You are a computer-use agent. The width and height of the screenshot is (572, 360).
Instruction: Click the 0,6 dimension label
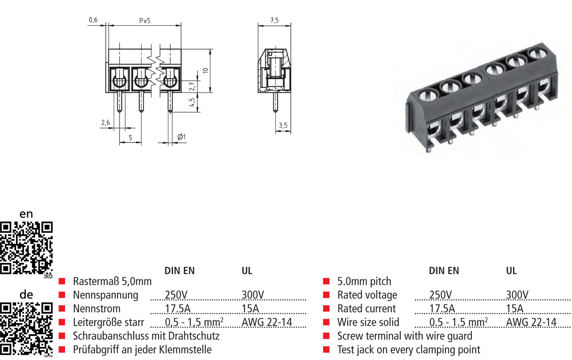(x=93, y=20)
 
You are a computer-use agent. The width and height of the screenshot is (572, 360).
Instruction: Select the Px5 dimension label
(x=145, y=20)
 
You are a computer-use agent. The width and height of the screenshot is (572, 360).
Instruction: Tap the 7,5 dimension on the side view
(x=274, y=20)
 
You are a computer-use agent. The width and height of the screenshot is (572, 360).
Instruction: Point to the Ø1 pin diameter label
(x=181, y=137)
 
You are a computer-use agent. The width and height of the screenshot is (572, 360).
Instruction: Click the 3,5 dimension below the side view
(x=283, y=126)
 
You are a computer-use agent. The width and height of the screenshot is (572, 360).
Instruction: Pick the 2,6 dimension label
(x=106, y=123)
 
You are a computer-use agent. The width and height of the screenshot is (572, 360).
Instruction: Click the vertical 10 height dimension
(x=206, y=71)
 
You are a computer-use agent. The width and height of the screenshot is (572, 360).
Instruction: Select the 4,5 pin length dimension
(x=192, y=102)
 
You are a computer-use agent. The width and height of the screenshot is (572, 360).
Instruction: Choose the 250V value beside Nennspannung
(x=176, y=295)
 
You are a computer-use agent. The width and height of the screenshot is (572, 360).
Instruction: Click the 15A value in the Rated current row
(x=515, y=309)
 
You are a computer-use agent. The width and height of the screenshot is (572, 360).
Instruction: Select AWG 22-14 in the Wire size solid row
(x=531, y=322)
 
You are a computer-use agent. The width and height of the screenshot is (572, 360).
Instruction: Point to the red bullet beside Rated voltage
(x=326, y=295)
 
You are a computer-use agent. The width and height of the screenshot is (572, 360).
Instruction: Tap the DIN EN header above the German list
(x=179, y=271)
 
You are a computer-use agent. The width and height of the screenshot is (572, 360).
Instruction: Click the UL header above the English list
(x=511, y=271)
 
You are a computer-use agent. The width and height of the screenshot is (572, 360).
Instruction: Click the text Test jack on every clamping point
(x=409, y=350)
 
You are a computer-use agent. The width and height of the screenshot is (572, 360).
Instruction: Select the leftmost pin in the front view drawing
(x=119, y=102)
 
